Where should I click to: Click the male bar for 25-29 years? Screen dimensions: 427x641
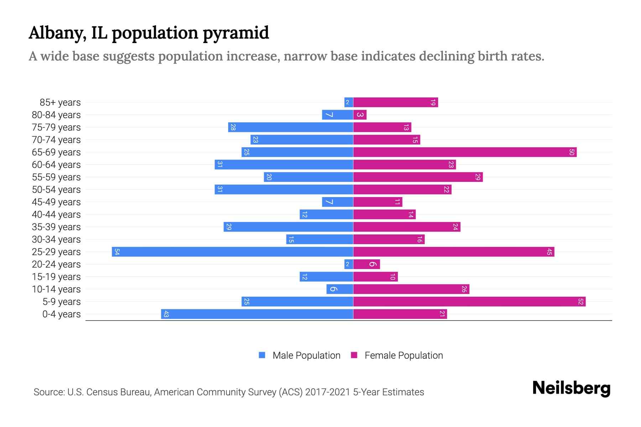click(x=232, y=252)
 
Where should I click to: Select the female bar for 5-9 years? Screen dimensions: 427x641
click(x=469, y=302)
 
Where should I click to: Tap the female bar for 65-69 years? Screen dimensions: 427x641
click(x=465, y=152)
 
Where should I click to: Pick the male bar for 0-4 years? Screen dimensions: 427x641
click(x=257, y=314)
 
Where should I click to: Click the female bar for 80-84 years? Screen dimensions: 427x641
click(x=360, y=115)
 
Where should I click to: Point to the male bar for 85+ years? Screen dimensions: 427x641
click(x=349, y=102)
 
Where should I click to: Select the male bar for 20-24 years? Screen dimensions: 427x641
click(x=349, y=264)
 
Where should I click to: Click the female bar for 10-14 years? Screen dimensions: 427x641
click(x=411, y=289)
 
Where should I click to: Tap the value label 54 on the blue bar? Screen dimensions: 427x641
click(x=117, y=252)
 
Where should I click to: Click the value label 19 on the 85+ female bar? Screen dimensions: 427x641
click(x=433, y=102)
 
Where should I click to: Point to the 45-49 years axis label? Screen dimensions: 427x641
click(x=56, y=202)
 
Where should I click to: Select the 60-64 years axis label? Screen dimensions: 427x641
click(x=56, y=165)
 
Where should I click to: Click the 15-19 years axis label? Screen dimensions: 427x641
click(x=56, y=277)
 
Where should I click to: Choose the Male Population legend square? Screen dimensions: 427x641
click(x=262, y=355)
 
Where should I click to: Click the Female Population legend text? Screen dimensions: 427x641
click(x=403, y=355)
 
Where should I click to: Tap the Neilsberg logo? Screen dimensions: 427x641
click(x=571, y=388)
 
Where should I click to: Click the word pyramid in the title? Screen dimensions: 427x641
click(x=236, y=33)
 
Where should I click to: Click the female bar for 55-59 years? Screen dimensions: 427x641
click(x=418, y=177)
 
